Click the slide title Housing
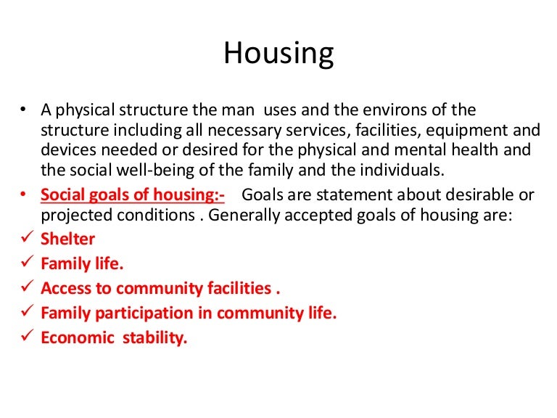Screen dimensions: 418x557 click(x=278, y=54)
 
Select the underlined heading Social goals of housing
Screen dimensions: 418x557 click(x=133, y=195)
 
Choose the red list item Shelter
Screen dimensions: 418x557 click(x=68, y=238)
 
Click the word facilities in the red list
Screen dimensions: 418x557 click(x=237, y=288)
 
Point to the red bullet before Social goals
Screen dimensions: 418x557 click(x=24, y=195)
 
